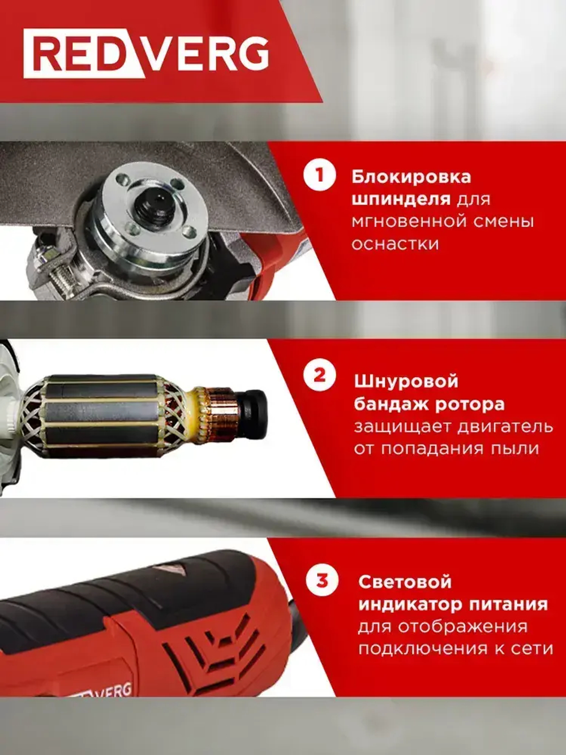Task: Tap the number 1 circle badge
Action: click(x=320, y=174)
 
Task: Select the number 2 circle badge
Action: click(x=320, y=376)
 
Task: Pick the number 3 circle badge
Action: click(x=321, y=581)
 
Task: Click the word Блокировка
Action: click(x=411, y=177)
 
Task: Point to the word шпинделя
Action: click(x=401, y=200)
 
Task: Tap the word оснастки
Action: click(x=395, y=244)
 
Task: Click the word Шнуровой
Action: click(x=406, y=381)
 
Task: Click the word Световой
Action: click(x=405, y=582)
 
